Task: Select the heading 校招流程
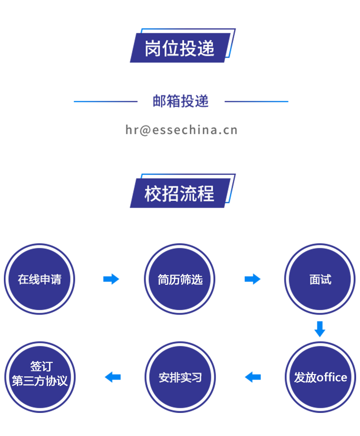(x=180, y=194)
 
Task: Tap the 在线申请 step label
(x=40, y=279)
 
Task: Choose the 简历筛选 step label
(x=180, y=279)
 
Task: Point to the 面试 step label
(x=320, y=279)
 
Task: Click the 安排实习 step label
(x=180, y=377)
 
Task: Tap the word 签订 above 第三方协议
(x=40, y=366)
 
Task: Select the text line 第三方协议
(x=40, y=381)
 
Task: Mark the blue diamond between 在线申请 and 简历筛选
(x=110, y=279)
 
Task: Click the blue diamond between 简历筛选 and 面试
(x=251, y=279)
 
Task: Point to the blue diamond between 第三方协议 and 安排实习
(x=110, y=377)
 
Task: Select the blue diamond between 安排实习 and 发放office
(x=251, y=377)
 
